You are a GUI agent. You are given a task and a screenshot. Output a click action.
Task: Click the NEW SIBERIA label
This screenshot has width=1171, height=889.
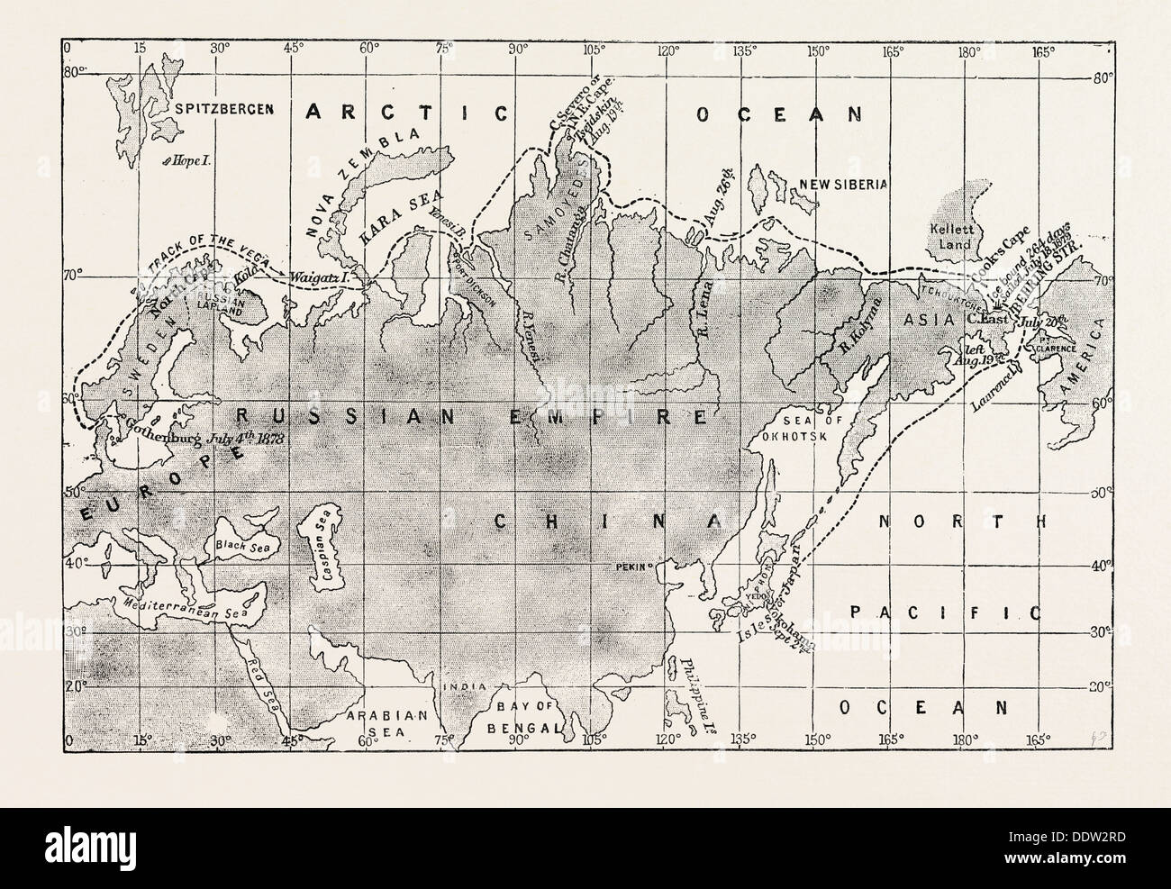click(x=852, y=184)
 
